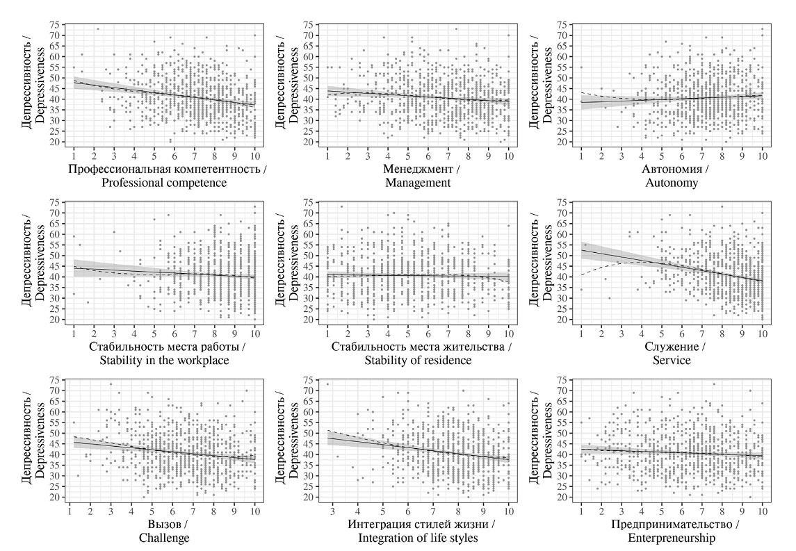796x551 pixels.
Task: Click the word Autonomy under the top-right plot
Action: click(x=671, y=183)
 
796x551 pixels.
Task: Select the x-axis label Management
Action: click(x=417, y=183)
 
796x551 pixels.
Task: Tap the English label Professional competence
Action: click(x=164, y=183)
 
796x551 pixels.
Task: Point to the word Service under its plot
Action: click(x=671, y=360)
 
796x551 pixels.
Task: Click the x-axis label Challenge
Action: click(x=164, y=538)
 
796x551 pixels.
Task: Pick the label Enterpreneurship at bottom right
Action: click(x=671, y=538)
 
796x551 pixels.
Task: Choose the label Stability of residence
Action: click(x=417, y=360)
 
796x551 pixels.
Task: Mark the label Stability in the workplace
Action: click(x=164, y=360)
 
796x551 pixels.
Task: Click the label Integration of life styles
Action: click(x=417, y=538)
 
